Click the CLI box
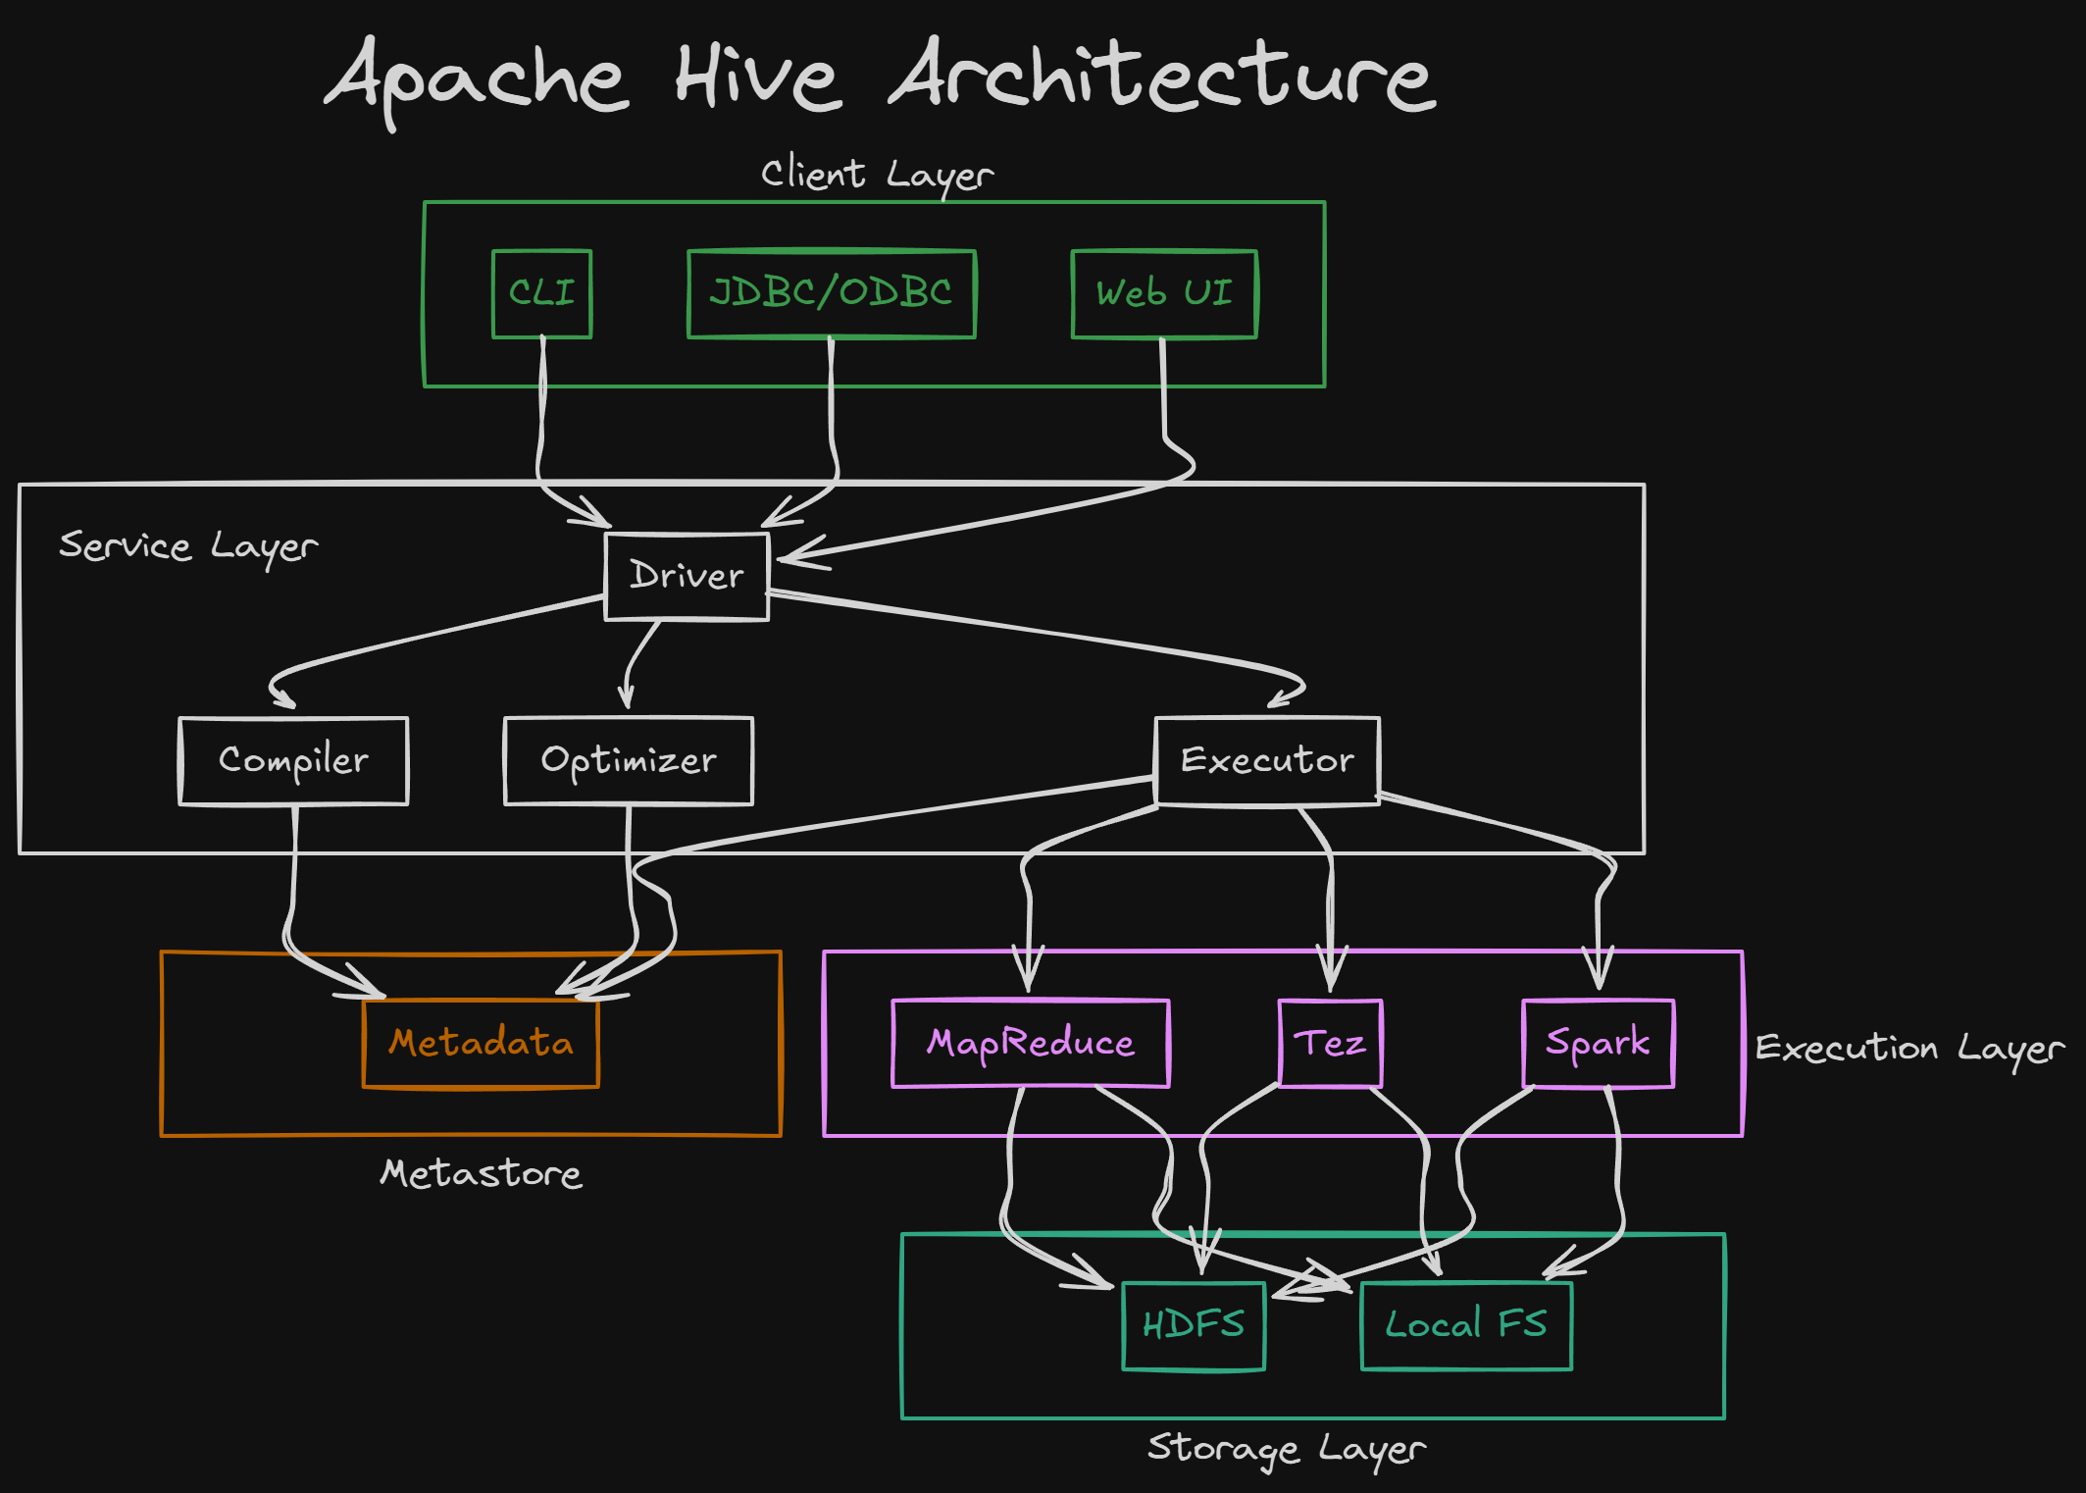(541, 293)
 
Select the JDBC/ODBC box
(832, 293)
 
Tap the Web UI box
(1164, 293)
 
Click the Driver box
(687, 577)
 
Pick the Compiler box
(293, 761)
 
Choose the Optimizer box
(629, 761)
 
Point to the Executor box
(1267, 761)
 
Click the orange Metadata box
(481, 1044)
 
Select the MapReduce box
(1031, 1044)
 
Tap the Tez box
(1330, 1044)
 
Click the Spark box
(1598, 1044)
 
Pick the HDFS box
(1194, 1326)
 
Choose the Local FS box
(1466, 1326)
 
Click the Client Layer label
(878, 176)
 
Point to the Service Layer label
(188, 546)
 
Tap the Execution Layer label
(1909, 1049)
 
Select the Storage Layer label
(1287, 1449)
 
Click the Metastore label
(481, 1173)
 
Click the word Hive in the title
(758, 77)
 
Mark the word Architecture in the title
(1163, 76)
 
